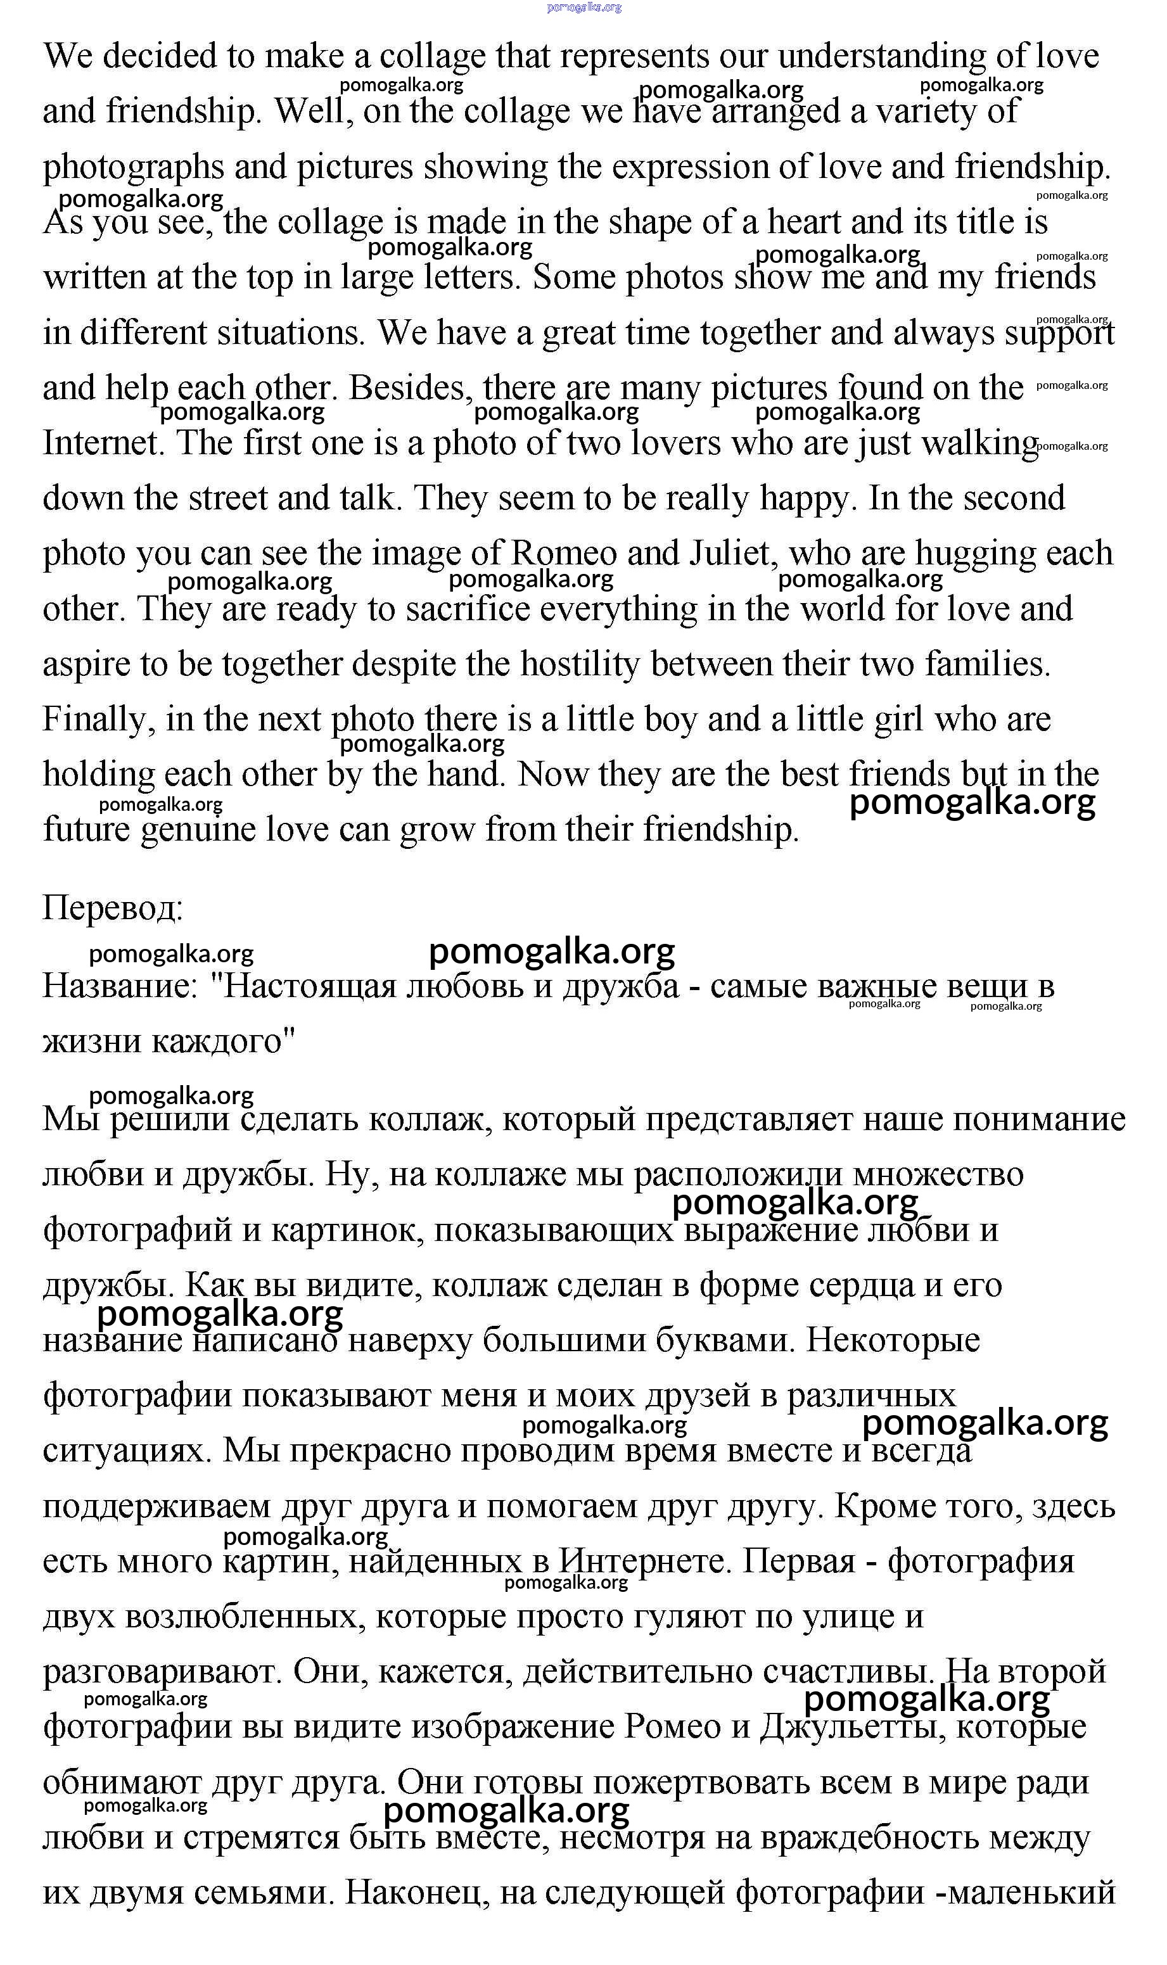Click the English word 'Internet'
pos(102,443)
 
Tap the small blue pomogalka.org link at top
pos(583,7)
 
